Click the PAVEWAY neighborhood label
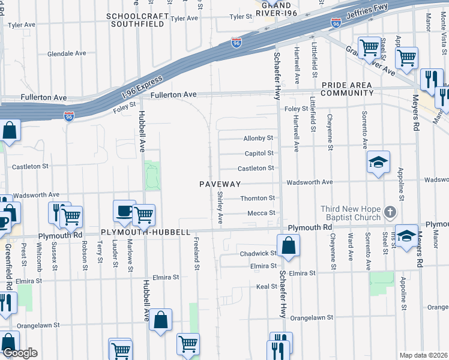(x=220, y=184)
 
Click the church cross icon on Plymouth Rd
(x=390, y=212)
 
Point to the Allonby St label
(x=258, y=138)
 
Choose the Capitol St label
(x=259, y=152)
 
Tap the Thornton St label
(x=258, y=198)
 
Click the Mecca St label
(x=261, y=213)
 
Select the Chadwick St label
(x=258, y=254)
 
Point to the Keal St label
(x=266, y=287)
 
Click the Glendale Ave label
(x=67, y=53)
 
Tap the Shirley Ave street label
(x=220, y=208)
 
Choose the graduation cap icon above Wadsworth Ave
(x=379, y=162)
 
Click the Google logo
(x=19, y=353)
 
